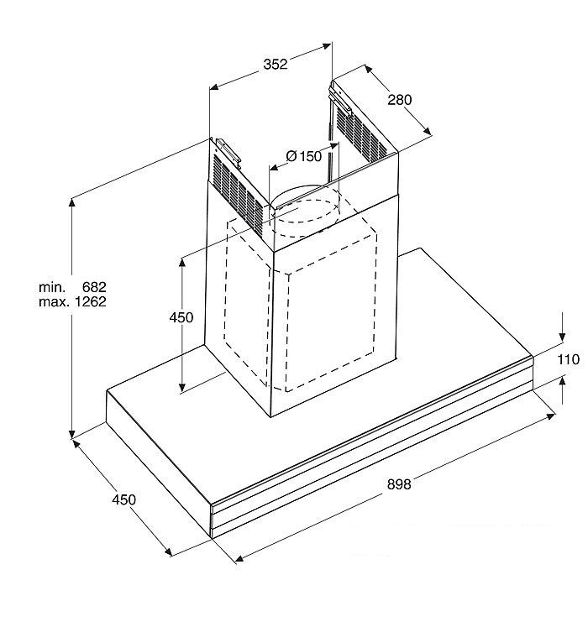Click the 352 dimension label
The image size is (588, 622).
coord(276,64)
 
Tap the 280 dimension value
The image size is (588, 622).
coord(399,100)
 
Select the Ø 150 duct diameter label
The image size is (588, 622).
coord(304,156)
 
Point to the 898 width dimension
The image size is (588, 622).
coord(399,484)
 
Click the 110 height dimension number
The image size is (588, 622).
coord(568,359)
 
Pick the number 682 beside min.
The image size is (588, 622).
coord(94,286)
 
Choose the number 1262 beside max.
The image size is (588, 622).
coord(91,302)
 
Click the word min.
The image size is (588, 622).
coord(52,287)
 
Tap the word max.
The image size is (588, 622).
coord(55,302)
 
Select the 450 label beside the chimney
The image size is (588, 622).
coord(181,317)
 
